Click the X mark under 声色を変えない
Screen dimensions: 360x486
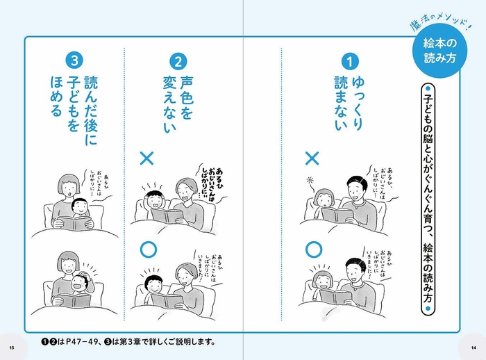coord(146,158)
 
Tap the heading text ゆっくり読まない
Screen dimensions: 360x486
coord(348,104)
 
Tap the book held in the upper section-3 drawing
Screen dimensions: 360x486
coord(75,224)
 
